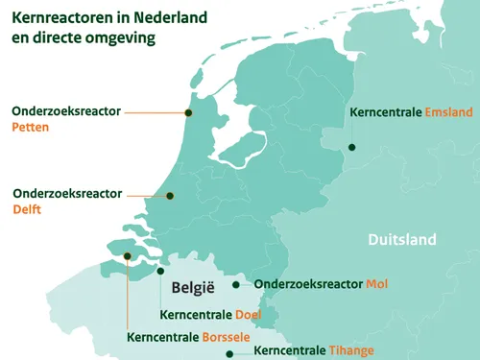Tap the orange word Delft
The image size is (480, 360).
(27, 209)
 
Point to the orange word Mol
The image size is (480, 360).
(375, 284)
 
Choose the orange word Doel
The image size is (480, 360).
(248, 315)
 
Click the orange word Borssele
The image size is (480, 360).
(226, 337)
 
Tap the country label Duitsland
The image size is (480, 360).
(401, 240)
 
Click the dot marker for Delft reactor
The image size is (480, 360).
(170, 195)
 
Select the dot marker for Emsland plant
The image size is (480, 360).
(351, 147)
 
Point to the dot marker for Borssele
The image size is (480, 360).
(127, 255)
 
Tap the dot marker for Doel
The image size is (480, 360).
(160, 271)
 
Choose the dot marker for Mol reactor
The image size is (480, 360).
(236, 284)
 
